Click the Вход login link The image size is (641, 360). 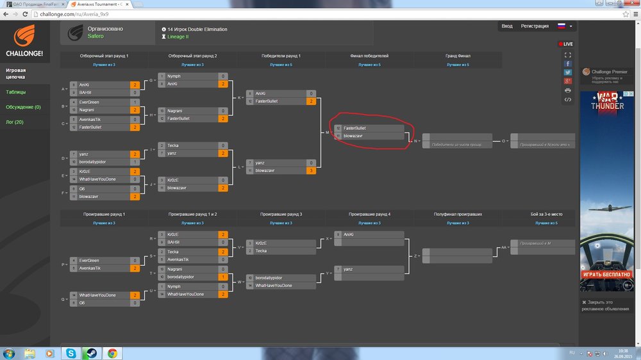pos(507,26)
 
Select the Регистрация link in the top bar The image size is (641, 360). pos(535,26)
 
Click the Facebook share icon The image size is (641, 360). pos(567,64)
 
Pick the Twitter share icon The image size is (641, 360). pos(567,72)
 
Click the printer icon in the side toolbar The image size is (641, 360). pos(567,90)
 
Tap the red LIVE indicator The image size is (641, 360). pos(566,44)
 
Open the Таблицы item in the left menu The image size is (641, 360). pos(16,92)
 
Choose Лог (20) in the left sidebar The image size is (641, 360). pos(15,122)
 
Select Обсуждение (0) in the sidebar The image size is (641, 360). pos(23,107)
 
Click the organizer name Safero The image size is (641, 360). pos(95,37)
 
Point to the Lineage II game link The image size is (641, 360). pos(177,37)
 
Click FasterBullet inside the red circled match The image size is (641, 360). pos(354,128)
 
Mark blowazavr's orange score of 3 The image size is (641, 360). pos(312,171)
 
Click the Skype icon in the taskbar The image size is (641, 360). pos(71,353)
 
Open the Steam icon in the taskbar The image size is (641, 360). pos(92,353)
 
